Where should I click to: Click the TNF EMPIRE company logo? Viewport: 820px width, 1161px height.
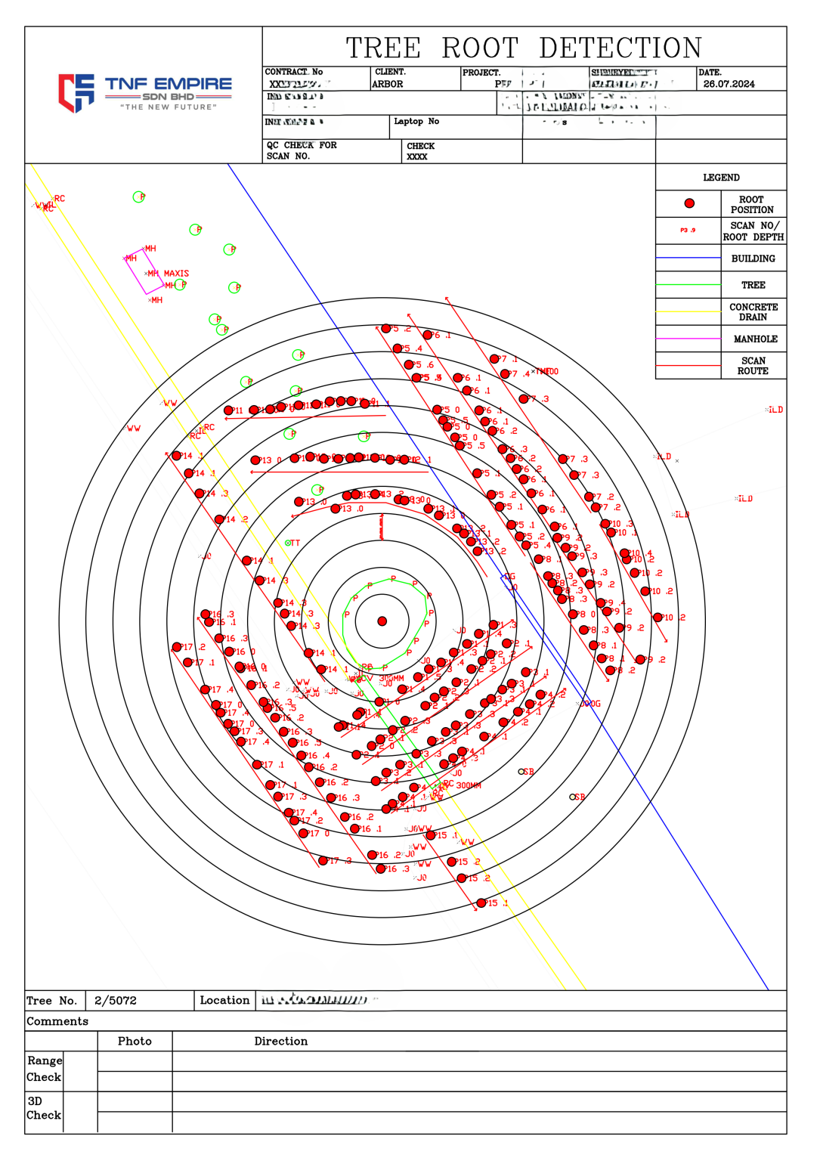[x=145, y=92]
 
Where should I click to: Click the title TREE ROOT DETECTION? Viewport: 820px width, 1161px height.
[x=524, y=48]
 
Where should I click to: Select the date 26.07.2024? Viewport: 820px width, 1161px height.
[x=729, y=84]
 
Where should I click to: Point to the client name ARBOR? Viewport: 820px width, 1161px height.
[x=388, y=84]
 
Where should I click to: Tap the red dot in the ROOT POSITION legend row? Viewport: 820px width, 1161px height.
[x=689, y=203]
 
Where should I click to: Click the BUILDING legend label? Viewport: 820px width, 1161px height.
[x=753, y=259]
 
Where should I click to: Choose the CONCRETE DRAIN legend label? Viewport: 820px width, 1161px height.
[x=753, y=312]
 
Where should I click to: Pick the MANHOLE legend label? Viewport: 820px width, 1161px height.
[x=755, y=339]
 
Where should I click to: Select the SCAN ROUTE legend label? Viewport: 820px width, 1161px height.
[x=753, y=366]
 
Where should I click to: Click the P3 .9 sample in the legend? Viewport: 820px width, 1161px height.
[x=688, y=231]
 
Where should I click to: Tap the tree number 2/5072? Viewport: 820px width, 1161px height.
[x=116, y=1001]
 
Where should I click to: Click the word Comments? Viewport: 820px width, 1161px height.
[x=57, y=1021]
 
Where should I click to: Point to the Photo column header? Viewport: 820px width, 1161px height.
[x=135, y=1041]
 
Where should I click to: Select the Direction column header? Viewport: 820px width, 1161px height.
[x=280, y=1041]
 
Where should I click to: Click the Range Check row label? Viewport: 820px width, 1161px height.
[x=44, y=1069]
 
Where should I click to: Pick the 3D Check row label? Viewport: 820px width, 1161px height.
[x=44, y=1108]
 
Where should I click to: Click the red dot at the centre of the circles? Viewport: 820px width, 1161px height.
[x=382, y=621]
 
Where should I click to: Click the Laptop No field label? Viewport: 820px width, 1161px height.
[x=416, y=121]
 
